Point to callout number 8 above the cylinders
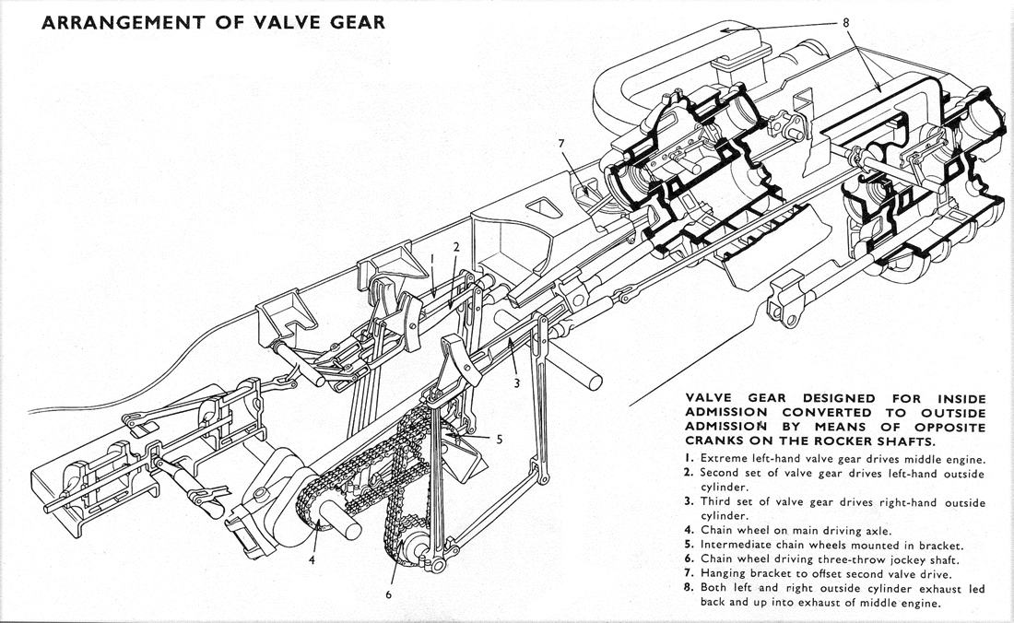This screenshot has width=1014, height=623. pyautogui.click(x=845, y=21)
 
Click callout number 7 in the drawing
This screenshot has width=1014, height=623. pyautogui.click(x=560, y=143)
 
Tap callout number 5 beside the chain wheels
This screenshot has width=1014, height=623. pyautogui.click(x=499, y=440)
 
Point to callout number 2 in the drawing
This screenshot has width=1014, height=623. pyautogui.click(x=455, y=247)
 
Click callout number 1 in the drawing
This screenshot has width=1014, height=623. pyautogui.click(x=431, y=261)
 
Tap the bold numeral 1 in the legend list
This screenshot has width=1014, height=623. pyautogui.click(x=690, y=458)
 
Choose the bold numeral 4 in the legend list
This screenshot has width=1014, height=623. pyautogui.click(x=690, y=530)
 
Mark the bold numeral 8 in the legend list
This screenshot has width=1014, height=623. pyautogui.click(x=690, y=589)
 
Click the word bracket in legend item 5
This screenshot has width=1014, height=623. pyautogui.click(x=940, y=545)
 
